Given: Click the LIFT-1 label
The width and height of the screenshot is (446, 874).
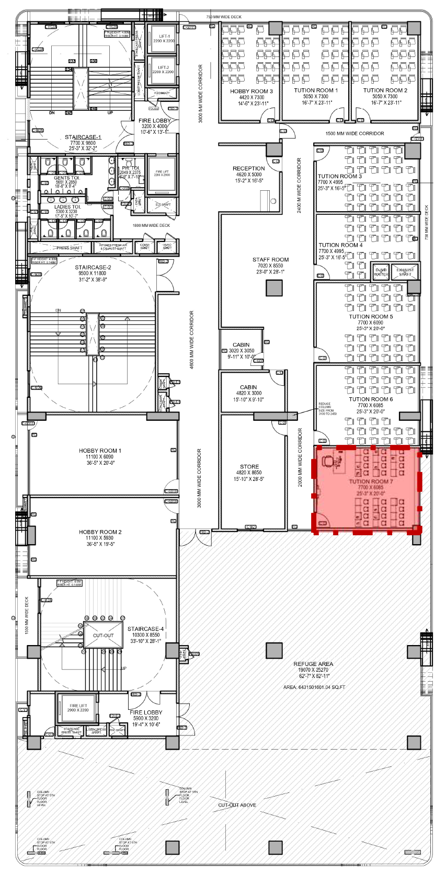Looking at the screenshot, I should pos(164,37).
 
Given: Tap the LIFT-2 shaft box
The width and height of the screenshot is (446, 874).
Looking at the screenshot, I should pos(163,70).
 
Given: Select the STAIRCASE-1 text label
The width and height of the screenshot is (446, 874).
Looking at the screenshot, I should pos(83,137).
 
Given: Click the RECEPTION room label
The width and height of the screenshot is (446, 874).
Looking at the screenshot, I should pos(248,168).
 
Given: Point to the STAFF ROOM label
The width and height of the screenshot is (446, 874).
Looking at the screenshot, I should pos(270,259).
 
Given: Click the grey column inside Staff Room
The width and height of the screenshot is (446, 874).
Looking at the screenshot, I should pos(274,288).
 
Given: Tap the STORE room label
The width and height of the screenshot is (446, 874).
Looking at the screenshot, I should pos(249,466).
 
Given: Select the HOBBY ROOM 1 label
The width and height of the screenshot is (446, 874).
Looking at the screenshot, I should pos(100,450).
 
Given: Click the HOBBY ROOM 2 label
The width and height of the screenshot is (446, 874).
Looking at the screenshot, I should pos(100,532).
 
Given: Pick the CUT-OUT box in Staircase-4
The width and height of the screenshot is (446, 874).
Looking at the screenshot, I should pos(103,635).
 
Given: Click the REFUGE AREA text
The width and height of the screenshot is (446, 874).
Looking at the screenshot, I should pos(313,664).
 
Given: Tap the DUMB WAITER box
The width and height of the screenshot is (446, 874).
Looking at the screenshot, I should pos(381,272).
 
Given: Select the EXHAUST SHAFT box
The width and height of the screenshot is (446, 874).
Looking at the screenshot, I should pos(405,272).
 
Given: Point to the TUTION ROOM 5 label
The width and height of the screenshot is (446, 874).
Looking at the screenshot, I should pos(371,316).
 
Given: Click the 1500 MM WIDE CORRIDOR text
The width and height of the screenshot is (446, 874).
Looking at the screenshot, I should pos(354,133).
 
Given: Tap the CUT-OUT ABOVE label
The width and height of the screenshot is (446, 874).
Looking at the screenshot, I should pos(237,804).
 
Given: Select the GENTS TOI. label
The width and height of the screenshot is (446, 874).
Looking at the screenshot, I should pos(66,178).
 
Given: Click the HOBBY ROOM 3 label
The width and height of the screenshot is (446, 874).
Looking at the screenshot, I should pos(251,91).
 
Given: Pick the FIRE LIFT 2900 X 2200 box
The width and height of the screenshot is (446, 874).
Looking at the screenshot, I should pos(78,708).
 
